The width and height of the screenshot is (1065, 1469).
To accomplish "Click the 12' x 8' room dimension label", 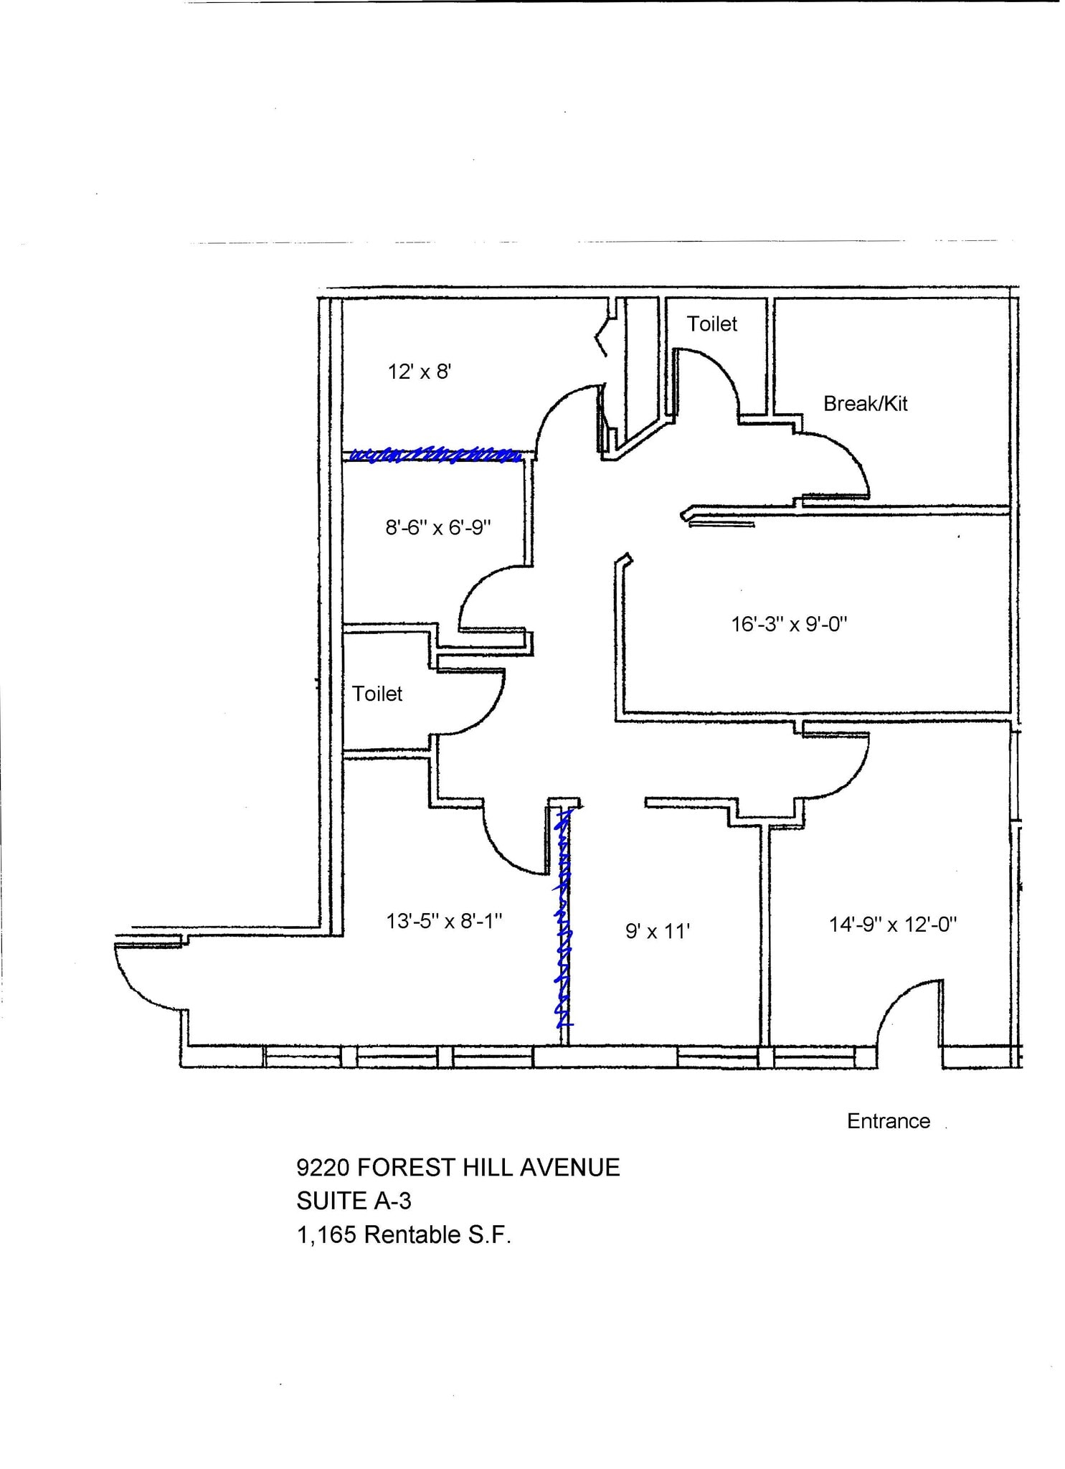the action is tap(419, 372).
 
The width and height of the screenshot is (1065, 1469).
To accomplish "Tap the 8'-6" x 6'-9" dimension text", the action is tap(438, 527).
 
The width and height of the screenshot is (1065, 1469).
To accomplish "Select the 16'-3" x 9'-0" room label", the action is tap(789, 623).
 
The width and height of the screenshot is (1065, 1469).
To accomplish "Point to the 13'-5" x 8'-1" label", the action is tap(444, 920).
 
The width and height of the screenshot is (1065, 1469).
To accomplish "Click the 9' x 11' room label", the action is tap(658, 931).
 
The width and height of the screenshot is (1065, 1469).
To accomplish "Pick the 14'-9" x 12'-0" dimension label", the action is tap(893, 924).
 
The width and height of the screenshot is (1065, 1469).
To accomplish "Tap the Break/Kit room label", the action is tap(865, 404).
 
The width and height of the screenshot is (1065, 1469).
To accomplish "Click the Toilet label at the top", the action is tap(712, 324).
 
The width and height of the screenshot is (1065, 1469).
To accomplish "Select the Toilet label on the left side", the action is tap(377, 694).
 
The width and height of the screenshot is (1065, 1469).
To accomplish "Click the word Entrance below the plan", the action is tap(889, 1121).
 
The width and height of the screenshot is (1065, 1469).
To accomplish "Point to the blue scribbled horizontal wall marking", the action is tap(435, 455).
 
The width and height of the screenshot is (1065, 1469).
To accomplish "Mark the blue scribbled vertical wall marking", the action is tap(564, 917).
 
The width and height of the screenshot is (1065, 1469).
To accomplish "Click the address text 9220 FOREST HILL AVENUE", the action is tap(458, 1168).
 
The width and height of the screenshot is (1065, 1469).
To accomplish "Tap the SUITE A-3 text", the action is tap(354, 1201).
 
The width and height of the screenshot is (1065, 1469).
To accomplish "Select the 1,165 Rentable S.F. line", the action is tap(404, 1234).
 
